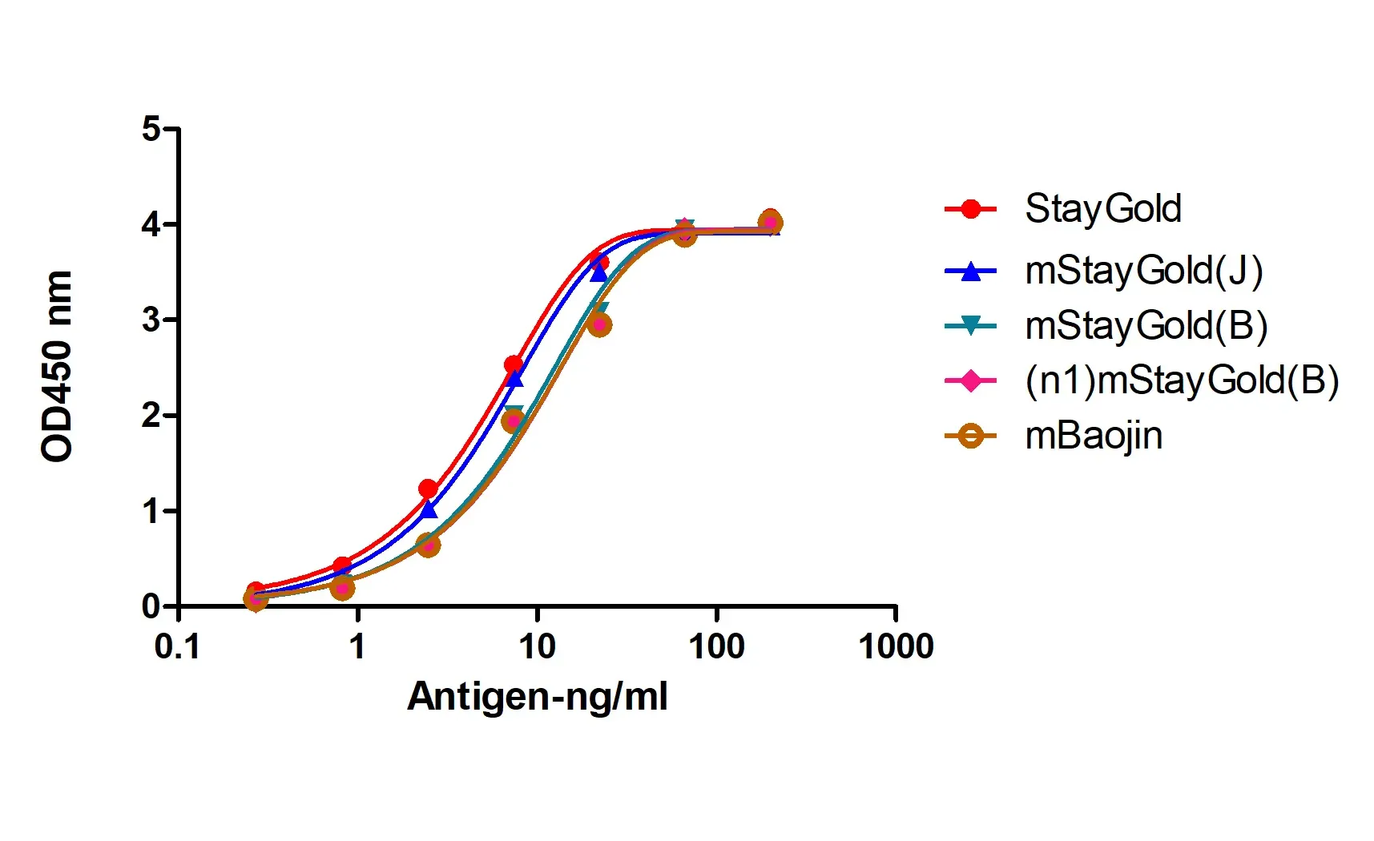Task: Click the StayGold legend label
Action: (1102, 209)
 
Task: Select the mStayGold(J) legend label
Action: (1143, 271)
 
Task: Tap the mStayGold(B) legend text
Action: (1146, 326)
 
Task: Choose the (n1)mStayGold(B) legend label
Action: (1181, 380)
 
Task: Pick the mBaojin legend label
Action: (1094, 436)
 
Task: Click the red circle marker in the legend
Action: (970, 209)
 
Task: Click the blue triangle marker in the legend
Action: (970, 272)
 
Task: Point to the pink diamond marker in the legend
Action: (970, 380)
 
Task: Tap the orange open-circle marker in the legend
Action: (970, 436)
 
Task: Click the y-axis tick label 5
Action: (151, 129)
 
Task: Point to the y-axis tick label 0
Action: (151, 606)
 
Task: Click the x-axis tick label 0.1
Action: (177, 646)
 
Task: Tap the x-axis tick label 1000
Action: (895, 646)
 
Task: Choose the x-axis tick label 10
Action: (536, 646)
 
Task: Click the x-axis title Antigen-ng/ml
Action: (537, 696)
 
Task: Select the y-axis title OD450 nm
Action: (57, 366)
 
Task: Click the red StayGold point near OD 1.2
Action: (428, 489)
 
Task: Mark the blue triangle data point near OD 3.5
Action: (598, 273)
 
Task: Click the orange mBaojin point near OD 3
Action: (599, 324)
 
